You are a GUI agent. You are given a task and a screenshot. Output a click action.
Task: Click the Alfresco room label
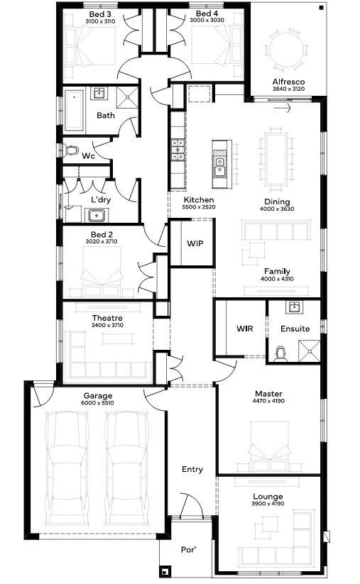tap(288, 82)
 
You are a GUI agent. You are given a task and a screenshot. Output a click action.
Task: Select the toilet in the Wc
tap(70, 150)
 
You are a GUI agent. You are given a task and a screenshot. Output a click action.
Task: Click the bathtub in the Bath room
tap(74, 110)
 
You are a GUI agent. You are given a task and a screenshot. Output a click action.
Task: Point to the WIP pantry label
tap(195, 243)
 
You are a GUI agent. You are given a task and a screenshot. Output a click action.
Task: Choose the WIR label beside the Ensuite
tap(244, 329)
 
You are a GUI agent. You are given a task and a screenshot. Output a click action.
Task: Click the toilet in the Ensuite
tap(280, 354)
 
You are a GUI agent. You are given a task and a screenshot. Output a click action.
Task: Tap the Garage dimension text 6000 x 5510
tap(98, 403)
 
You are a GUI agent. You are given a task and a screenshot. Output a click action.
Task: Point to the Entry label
tap(192, 469)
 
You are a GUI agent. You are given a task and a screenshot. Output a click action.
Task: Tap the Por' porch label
tap(189, 550)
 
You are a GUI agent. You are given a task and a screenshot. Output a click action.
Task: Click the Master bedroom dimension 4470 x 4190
tap(268, 401)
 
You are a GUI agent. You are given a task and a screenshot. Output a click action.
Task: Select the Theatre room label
tap(107, 318)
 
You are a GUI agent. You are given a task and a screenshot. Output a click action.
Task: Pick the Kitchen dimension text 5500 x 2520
tap(199, 207)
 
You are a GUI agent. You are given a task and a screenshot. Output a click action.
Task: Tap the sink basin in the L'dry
tap(97, 215)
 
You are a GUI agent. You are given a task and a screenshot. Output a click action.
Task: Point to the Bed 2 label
tap(102, 235)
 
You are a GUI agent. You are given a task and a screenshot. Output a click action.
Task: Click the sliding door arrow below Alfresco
tap(282, 109)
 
